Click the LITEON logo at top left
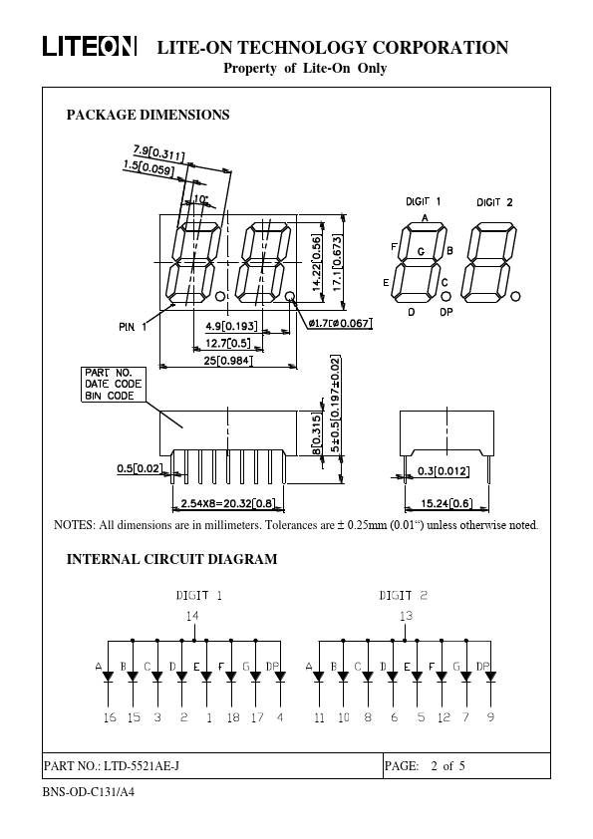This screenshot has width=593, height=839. coord(90,47)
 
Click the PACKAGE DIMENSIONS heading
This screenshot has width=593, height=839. coord(148,115)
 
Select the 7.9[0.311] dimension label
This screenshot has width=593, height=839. coord(158,152)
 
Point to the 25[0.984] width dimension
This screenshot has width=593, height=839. coord(227,361)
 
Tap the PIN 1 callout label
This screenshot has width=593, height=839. coord(133,327)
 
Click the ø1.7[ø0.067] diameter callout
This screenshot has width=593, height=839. coord(340,323)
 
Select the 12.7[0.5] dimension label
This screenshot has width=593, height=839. coord(227,343)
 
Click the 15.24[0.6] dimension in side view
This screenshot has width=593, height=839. coord(446,503)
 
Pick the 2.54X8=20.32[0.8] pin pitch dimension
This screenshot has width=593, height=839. coord(228,503)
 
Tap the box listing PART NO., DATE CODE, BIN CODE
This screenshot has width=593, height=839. coord(113,385)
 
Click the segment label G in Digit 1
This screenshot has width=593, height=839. coord(422,251)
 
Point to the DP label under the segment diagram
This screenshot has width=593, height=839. coord(445,312)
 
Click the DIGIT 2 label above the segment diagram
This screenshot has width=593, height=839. coord(494,202)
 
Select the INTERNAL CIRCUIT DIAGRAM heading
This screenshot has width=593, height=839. coord(171,559)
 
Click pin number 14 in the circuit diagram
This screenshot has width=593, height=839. coord(192,616)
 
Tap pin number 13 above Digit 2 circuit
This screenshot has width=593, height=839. coord(407,616)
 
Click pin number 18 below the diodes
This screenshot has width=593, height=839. coord(233,717)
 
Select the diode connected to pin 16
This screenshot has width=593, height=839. coord(109,677)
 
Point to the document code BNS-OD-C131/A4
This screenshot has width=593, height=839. coord(89,791)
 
